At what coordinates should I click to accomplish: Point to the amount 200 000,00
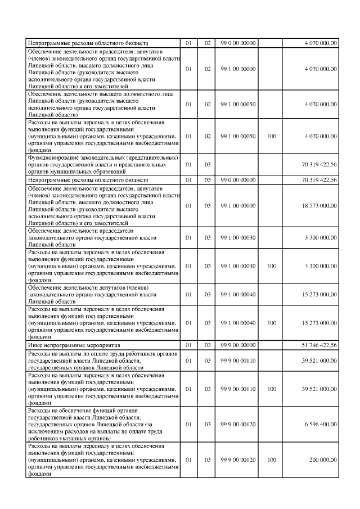[323, 460]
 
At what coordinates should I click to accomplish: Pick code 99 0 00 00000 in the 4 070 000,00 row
[238, 43]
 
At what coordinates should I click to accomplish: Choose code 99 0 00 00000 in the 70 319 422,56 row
[238, 179]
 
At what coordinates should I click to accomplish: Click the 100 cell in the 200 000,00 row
[272, 460]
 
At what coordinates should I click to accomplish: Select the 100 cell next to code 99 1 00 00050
[272, 136]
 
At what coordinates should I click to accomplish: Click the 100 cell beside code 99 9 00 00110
[272, 388]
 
